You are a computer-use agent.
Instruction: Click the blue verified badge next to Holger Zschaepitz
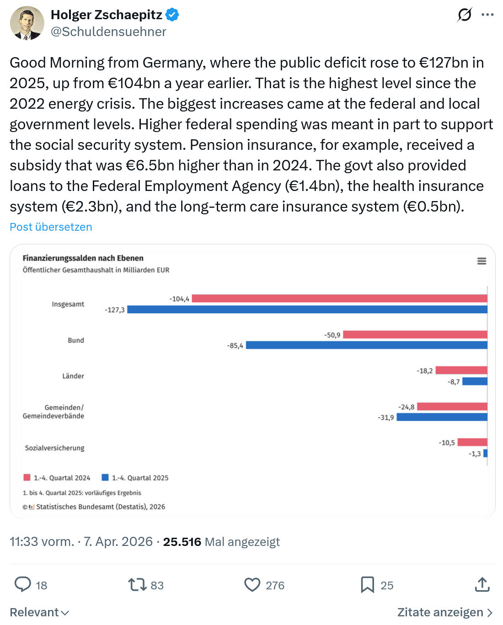click(172, 15)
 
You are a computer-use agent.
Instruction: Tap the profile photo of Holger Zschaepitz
click(27, 23)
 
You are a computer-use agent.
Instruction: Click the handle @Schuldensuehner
click(108, 32)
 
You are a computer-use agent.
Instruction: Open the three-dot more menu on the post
click(487, 15)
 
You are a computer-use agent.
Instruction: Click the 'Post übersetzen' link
click(51, 227)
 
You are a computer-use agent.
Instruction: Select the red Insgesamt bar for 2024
click(339, 298)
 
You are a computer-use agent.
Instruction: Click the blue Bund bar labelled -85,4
click(366, 345)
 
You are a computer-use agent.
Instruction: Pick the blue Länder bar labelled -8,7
click(475, 381)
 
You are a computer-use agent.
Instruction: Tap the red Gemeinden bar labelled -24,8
click(452, 406)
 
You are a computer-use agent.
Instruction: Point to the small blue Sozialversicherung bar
click(485, 453)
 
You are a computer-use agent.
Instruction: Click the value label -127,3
click(115, 310)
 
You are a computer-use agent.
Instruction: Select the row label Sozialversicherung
click(55, 448)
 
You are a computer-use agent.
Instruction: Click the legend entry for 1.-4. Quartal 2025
click(135, 478)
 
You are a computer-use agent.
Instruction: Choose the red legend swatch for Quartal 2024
click(27, 477)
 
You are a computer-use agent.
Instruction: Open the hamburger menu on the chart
click(482, 261)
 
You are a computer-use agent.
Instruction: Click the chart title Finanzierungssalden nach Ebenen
click(83, 258)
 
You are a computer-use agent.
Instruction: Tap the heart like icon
click(252, 585)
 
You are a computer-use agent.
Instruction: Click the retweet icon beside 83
click(137, 585)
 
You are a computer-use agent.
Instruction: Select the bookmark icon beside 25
click(367, 585)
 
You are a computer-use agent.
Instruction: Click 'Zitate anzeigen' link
click(444, 613)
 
